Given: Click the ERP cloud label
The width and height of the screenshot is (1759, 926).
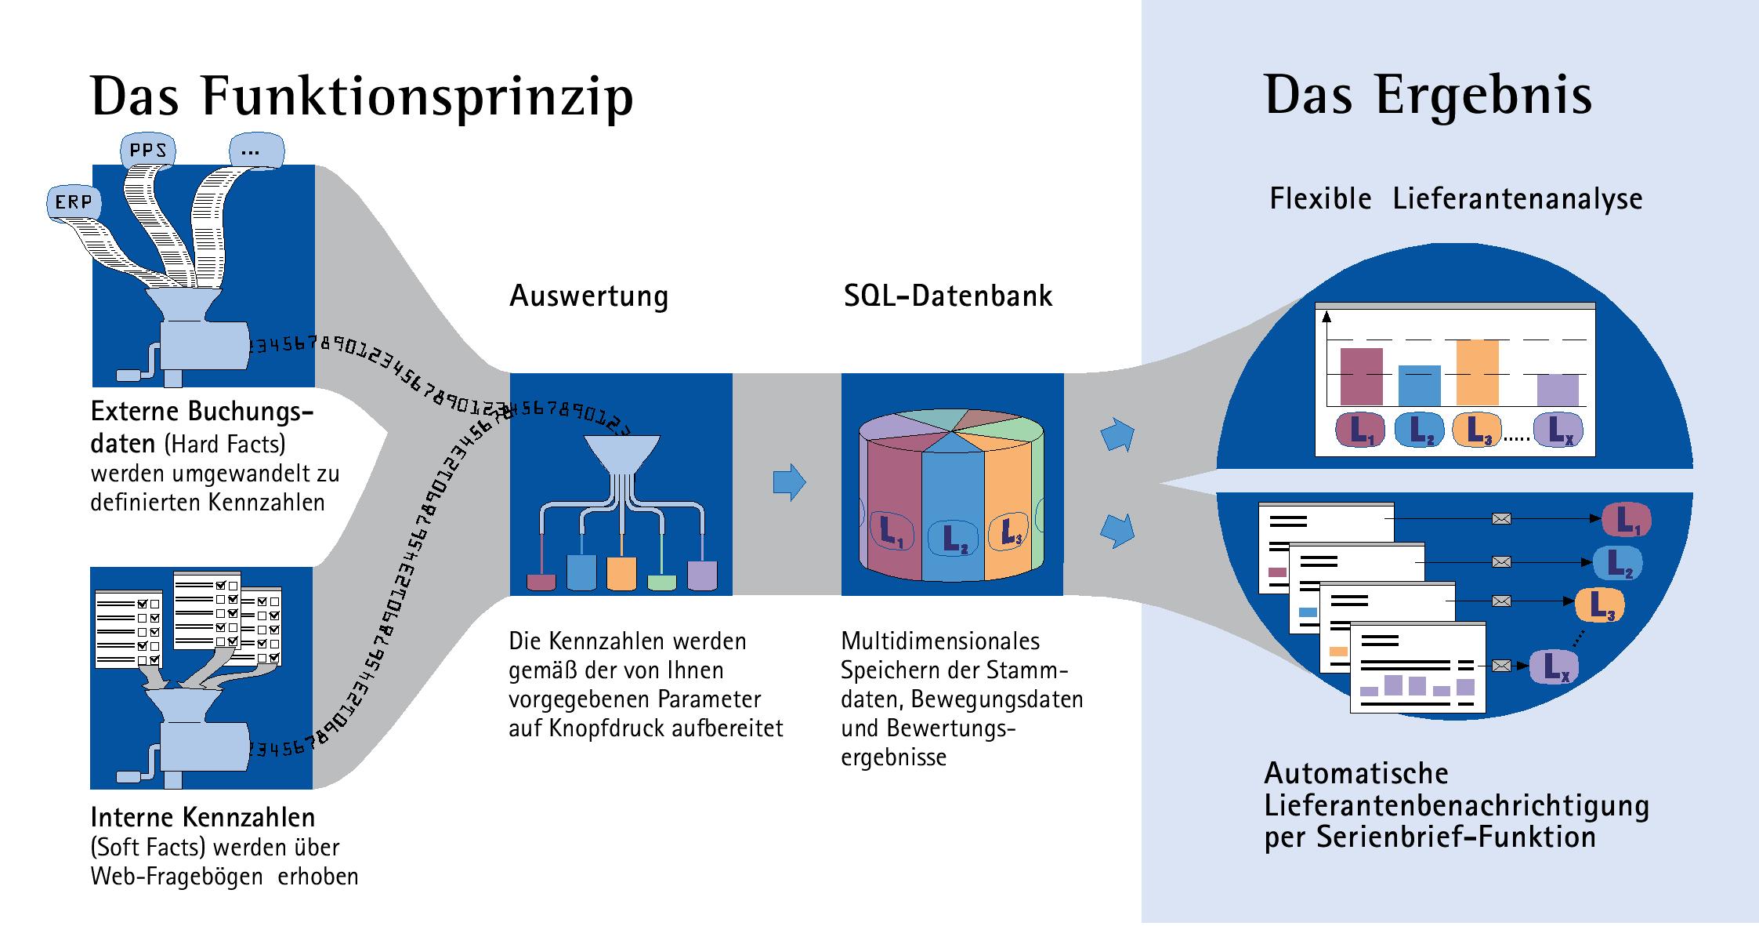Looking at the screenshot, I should [x=73, y=202].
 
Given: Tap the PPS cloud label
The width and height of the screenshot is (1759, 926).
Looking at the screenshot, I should [x=147, y=149].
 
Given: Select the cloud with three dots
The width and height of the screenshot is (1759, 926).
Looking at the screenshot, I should [x=251, y=150].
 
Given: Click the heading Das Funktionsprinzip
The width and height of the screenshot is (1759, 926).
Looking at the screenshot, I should [x=362, y=97].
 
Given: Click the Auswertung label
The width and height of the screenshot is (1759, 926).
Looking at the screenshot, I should [x=589, y=296].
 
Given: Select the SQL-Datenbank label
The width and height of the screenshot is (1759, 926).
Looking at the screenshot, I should [x=948, y=296].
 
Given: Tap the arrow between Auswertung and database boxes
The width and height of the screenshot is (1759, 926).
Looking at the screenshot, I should [x=789, y=481].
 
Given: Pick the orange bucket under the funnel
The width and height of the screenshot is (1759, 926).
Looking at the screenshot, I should [x=621, y=572].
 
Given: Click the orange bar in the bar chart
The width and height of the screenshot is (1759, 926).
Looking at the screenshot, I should [x=1477, y=372].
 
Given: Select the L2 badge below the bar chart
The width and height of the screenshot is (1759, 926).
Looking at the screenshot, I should [x=1420, y=430].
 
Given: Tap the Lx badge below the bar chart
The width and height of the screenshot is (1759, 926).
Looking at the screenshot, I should [x=1558, y=430].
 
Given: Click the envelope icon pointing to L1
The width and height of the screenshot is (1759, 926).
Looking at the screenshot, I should [x=1501, y=518].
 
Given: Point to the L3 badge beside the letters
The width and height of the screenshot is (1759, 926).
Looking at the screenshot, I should [x=1599, y=605].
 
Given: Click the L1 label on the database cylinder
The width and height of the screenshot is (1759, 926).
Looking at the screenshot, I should [x=891, y=532].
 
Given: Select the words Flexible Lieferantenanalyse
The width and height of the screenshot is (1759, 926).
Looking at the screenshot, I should [x=1456, y=199].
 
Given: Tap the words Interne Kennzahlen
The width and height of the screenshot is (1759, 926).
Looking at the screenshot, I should [x=203, y=818].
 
